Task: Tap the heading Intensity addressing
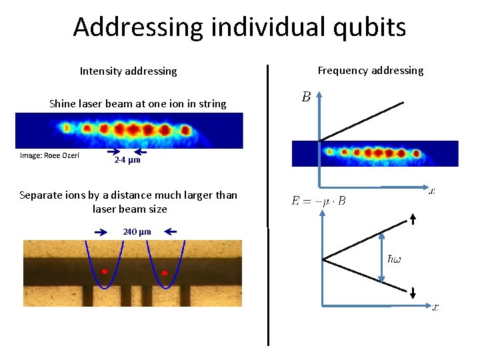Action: pyautogui.click(x=129, y=71)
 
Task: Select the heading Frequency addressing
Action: pyautogui.click(x=371, y=70)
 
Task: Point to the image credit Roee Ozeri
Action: pyautogui.click(x=50, y=155)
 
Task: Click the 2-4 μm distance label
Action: pyautogui.click(x=127, y=161)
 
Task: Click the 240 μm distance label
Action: pyautogui.click(x=137, y=232)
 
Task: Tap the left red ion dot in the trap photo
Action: pyautogui.click(x=105, y=271)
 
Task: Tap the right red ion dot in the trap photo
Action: pyautogui.click(x=164, y=273)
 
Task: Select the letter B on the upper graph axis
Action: pyautogui.click(x=305, y=97)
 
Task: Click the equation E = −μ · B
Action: pyautogui.click(x=319, y=200)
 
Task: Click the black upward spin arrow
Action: pyautogui.click(x=413, y=219)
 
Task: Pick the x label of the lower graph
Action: pyautogui.click(x=435, y=307)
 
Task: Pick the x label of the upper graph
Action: pyautogui.click(x=432, y=191)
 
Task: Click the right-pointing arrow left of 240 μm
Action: pyautogui.click(x=101, y=232)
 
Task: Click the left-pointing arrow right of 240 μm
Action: pyautogui.click(x=171, y=232)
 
